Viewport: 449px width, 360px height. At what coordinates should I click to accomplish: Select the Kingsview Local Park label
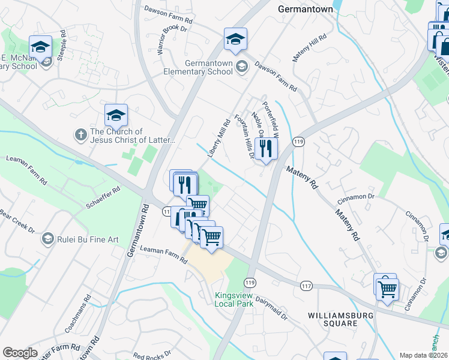(234, 299)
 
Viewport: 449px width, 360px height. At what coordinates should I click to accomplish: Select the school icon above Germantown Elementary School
(236, 40)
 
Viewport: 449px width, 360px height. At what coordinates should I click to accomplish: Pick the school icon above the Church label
(116, 115)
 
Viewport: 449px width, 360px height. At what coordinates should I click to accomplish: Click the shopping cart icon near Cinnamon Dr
(388, 289)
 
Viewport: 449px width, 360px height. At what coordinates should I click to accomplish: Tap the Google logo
(20, 353)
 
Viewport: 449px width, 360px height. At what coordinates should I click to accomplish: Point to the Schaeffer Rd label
(103, 196)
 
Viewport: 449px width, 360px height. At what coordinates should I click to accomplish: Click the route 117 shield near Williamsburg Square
(307, 287)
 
